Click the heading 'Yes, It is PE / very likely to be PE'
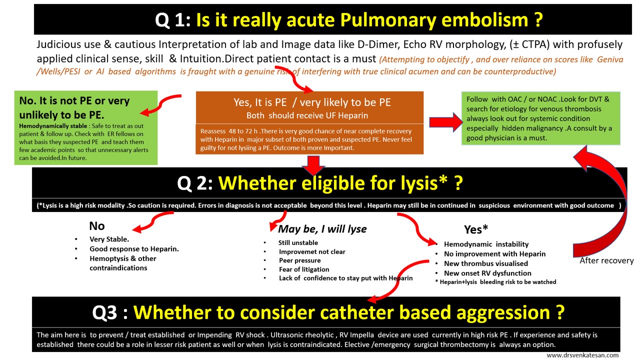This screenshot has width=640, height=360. click(x=312, y=102)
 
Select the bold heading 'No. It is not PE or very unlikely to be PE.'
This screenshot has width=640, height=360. click(x=74, y=107)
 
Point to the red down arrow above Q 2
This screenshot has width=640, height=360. click(x=313, y=164)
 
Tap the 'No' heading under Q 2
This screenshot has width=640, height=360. click(x=97, y=226)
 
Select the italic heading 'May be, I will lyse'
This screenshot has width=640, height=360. click(x=322, y=229)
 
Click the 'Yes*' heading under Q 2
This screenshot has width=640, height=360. click(x=476, y=229)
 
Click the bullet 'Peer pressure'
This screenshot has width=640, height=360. click(x=300, y=260)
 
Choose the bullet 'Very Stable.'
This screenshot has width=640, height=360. click(x=109, y=239)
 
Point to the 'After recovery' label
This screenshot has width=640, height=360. click(x=606, y=260)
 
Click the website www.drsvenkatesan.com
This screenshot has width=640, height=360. click(x=582, y=355)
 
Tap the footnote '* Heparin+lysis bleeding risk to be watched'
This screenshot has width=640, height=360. click(x=495, y=282)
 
